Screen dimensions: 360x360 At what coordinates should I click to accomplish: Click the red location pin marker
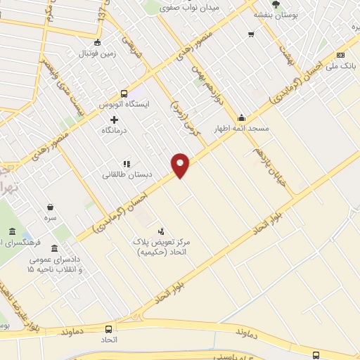coord(181,165)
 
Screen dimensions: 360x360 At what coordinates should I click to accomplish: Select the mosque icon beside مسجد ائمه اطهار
coord(242,117)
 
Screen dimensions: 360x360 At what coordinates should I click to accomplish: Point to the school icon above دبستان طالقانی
coord(127,163)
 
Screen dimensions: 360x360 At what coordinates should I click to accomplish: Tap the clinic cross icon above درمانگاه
coord(115,119)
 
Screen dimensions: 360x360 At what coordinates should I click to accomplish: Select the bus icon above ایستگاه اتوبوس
coord(124,93)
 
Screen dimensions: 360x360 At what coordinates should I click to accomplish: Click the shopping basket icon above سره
coord(51,207)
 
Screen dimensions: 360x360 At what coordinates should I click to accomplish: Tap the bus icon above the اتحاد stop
coord(108,329)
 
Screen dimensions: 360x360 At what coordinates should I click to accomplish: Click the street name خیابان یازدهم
coord(269,162)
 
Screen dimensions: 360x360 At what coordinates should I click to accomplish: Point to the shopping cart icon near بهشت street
coord(251,34)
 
